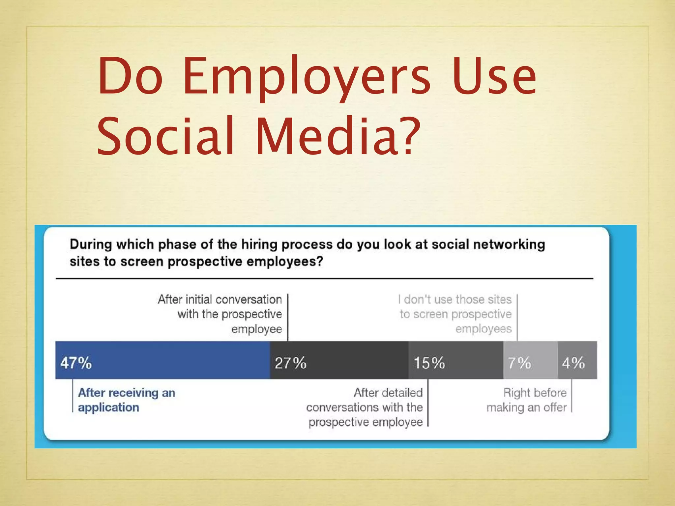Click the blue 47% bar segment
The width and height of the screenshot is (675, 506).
coord(162,360)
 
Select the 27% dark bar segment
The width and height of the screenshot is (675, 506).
coord(339,360)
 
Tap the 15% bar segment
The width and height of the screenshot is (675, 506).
coord(455,360)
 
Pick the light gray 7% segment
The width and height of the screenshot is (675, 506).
coord(530,360)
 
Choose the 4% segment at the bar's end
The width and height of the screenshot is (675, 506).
coord(577,360)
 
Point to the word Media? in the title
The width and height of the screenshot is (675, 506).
coord(338,136)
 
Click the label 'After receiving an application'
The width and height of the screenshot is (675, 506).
coord(127,400)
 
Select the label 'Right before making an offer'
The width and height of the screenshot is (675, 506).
coord(527,400)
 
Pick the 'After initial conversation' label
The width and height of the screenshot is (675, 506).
coord(220,314)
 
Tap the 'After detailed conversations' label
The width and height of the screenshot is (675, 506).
coord(365,407)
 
